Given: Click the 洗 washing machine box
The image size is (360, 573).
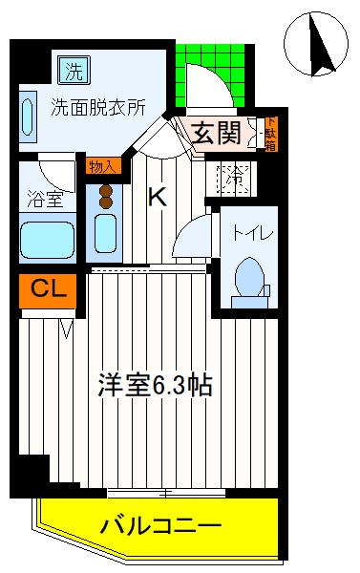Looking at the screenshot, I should [x=72, y=69].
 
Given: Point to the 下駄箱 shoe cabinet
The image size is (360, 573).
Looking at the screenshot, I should [x=269, y=133].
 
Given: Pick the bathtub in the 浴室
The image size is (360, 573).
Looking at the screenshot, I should [x=47, y=240].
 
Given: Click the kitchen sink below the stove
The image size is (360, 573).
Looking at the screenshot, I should [x=106, y=232].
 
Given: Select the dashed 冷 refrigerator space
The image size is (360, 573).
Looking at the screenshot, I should [x=233, y=178].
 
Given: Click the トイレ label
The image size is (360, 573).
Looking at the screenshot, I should [x=247, y=232].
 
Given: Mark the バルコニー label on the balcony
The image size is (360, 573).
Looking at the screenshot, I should [x=161, y=524].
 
